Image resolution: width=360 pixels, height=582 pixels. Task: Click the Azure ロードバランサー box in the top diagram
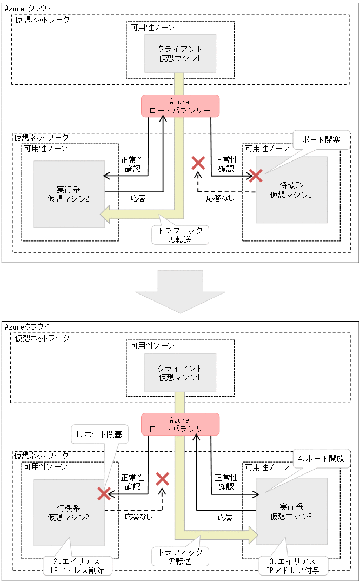tap(180, 106)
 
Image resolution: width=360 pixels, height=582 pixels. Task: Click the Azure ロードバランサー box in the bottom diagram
tap(180, 424)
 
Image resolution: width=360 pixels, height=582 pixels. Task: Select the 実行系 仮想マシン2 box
tap(69, 193)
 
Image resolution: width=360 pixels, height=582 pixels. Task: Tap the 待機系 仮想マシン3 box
tap(291, 190)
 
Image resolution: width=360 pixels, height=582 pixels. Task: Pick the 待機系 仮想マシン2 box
tap(69, 512)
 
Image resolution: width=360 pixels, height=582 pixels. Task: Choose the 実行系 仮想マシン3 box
tap(291, 511)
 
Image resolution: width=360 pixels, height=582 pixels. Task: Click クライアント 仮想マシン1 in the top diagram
tap(180, 53)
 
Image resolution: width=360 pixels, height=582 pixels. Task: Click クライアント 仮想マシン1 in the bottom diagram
tap(180, 372)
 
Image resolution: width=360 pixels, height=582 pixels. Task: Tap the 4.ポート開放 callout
tap(321, 459)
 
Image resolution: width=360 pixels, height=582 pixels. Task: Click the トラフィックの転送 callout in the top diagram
tap(180, 235)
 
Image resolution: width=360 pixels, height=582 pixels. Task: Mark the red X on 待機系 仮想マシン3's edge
tap(255, 176)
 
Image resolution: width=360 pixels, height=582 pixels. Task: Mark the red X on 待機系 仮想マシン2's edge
tap(104, 493)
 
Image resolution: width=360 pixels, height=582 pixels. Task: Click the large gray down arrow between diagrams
tap(180, 291)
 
